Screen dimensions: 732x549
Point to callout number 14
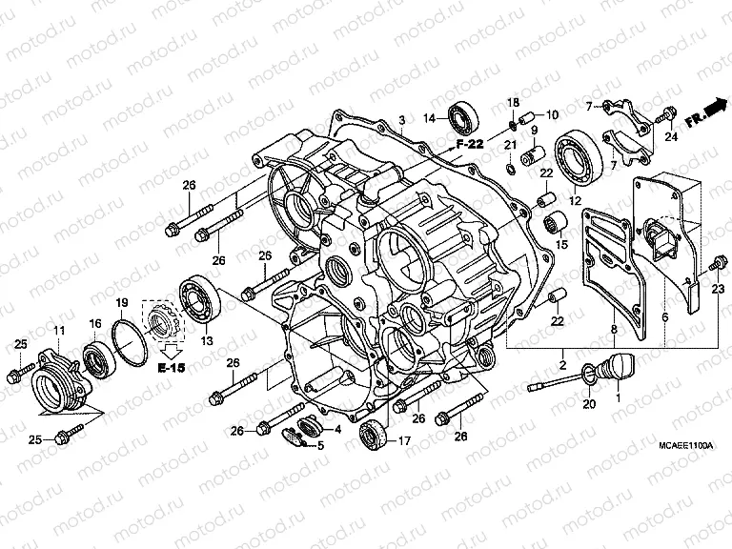tap(430, 118)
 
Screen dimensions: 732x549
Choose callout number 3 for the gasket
tap(402, 119)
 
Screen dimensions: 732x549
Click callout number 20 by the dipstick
tap(587, 404)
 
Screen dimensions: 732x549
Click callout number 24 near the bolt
tap(671, 137)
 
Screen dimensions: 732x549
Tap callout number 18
tap(512, 102)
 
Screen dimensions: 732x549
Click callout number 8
tap(614, 330)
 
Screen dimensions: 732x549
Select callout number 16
tap(95, 324)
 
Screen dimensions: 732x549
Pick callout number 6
tap(665, 316)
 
